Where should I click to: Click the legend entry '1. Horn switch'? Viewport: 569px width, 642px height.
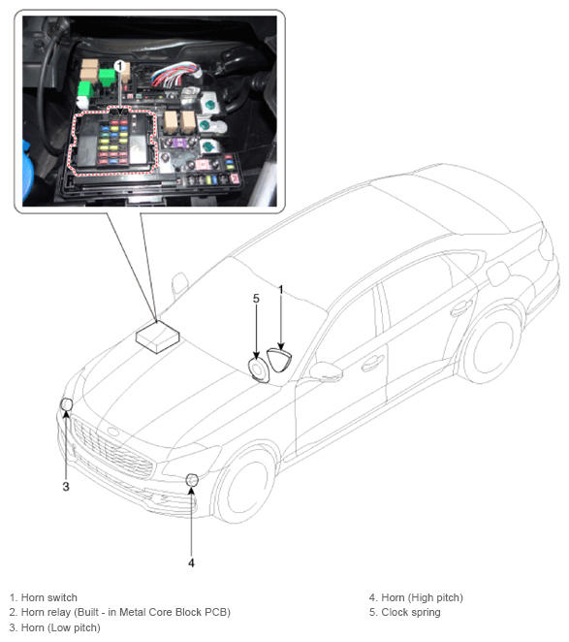[43, 597]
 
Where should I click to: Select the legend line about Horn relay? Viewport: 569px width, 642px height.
[119, 612]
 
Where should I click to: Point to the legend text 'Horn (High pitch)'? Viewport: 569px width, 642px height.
[422, 597]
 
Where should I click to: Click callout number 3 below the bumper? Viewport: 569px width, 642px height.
[66, 487]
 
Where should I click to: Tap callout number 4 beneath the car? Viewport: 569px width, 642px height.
[191, 563]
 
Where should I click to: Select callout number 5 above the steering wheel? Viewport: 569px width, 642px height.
[256, 299]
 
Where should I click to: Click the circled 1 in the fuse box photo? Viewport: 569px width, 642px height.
[119, 66]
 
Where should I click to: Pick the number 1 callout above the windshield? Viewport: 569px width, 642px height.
[281, 290]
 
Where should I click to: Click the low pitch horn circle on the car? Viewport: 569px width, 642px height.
[66, 404]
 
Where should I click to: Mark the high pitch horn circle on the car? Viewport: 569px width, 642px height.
[192, 480]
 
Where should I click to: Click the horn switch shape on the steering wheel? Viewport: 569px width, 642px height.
[279, 360]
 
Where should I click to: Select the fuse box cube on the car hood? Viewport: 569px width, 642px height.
[158, 337]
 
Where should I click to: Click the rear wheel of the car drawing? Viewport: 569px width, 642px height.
[491, 346]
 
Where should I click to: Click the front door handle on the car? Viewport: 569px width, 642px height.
[372, 362]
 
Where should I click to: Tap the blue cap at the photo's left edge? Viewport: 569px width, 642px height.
[28, 173]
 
